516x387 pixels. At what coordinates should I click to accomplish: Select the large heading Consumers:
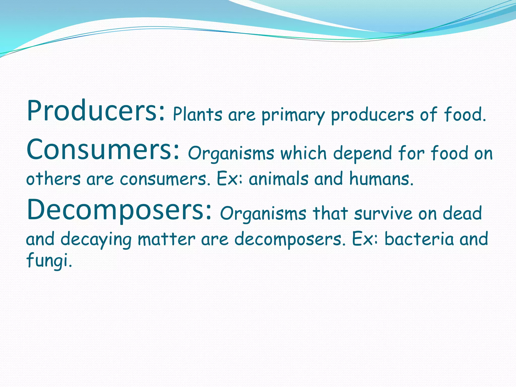click(x=103, y=150)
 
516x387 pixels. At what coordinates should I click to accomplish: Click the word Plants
click(x=198, y=115)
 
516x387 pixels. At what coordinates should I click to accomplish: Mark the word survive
click(x=383, y=213)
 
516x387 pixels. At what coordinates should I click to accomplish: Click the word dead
click(x=462, y=213)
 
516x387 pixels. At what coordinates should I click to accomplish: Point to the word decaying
click(x=96, y=239)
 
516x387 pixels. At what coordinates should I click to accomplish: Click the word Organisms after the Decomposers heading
click(x=263, y=214)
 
